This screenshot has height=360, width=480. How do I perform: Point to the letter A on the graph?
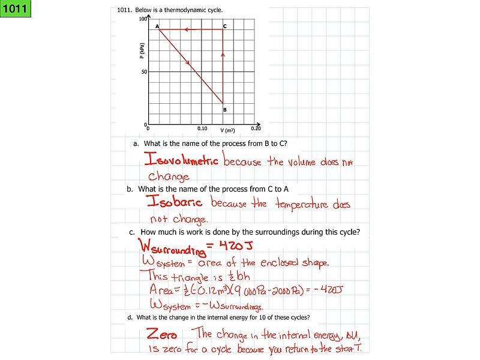coord(157,26)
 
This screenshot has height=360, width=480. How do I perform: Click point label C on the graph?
coord(225,26)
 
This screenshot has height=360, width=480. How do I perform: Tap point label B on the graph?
coord(225,110)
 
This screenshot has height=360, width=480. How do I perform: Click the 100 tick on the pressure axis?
coord(143,19)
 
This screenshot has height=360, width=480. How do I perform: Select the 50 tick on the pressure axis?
coord(144,72)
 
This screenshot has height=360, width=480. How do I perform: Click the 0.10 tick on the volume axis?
coord(202,128)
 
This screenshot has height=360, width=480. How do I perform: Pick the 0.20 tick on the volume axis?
coord(256,128)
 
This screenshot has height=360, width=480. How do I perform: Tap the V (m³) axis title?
coord(227,130)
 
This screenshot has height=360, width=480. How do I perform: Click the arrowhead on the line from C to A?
coord(187,29)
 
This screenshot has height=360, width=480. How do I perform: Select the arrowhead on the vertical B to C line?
coord(223,55)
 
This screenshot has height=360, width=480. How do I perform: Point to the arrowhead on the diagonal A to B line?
coord(187,62)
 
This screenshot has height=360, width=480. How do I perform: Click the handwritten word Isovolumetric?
coord(182,160)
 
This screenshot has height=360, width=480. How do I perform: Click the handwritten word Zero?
coord(161,334)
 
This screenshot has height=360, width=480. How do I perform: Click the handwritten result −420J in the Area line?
coord(328,290)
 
